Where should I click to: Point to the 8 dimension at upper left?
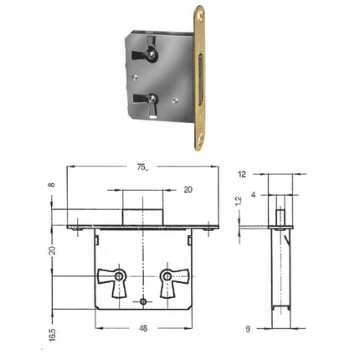point(52,187)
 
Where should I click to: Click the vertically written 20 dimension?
point(52,249)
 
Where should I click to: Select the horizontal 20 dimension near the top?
point(188,190)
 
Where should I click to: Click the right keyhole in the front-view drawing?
point(167,276)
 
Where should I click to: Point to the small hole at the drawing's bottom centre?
point(144,301)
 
